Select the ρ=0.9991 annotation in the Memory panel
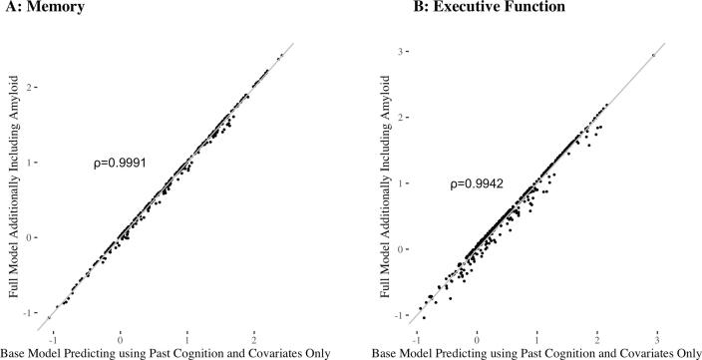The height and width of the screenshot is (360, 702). tap(119, 161)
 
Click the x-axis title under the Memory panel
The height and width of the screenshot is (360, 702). tap(174, 352)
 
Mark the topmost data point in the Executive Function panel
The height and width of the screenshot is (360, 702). tap(653, 55)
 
